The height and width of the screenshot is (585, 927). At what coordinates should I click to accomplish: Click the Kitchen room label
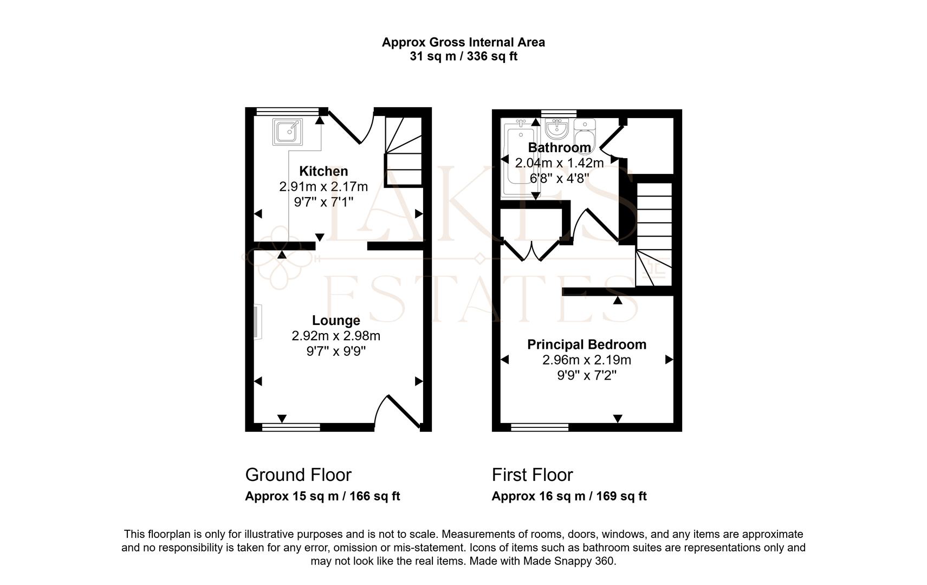[323, 171]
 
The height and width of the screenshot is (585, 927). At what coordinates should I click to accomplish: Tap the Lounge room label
[335, 320]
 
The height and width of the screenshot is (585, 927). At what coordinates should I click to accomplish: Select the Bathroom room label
[559, 147]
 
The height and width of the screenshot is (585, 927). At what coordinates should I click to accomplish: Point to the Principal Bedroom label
[586, 344]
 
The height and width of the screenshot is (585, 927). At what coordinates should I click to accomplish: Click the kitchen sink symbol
[287, 132]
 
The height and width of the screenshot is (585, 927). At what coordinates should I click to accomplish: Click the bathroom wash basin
[558, 129]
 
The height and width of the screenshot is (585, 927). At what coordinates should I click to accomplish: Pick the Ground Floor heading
[298, 475]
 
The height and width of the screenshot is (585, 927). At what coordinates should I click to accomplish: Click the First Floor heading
[532, 475]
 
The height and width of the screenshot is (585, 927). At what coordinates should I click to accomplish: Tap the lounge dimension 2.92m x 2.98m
[335, 335]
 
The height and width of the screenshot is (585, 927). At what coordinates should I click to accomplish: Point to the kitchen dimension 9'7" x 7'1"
[323, 202]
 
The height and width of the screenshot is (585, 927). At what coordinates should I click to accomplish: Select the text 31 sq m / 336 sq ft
[464, 56]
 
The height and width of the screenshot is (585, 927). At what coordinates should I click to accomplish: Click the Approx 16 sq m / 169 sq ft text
[569, 496]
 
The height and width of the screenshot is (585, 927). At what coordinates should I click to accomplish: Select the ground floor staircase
[404, 152]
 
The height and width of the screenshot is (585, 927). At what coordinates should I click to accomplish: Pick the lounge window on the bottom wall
[291, 427]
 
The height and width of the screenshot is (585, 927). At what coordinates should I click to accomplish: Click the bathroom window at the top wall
[559, 113]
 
